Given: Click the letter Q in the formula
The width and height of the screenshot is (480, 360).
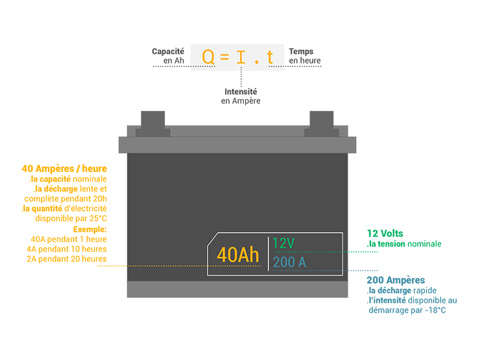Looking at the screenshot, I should pos(208,58).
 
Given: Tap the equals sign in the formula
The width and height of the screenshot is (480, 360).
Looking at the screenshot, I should pos(224,58).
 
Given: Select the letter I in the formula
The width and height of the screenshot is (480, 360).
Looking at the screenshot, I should pos(241,58).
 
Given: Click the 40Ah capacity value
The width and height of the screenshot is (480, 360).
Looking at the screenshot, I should pos(237,255).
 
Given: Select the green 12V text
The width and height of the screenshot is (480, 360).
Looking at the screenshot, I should pos(283,243).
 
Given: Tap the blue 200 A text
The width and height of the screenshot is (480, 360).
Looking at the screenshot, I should pos(289,262).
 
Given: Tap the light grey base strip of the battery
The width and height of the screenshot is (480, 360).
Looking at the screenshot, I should pos(237,289).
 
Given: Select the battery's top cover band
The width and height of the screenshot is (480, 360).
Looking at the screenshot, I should pos(237,145).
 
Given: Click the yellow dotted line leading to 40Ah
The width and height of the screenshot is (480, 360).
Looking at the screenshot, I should pos(169,267).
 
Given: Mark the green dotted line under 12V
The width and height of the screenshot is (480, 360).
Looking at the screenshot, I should pos(311,252).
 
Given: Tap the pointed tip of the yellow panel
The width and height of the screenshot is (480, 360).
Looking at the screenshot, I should pos(123,265).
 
